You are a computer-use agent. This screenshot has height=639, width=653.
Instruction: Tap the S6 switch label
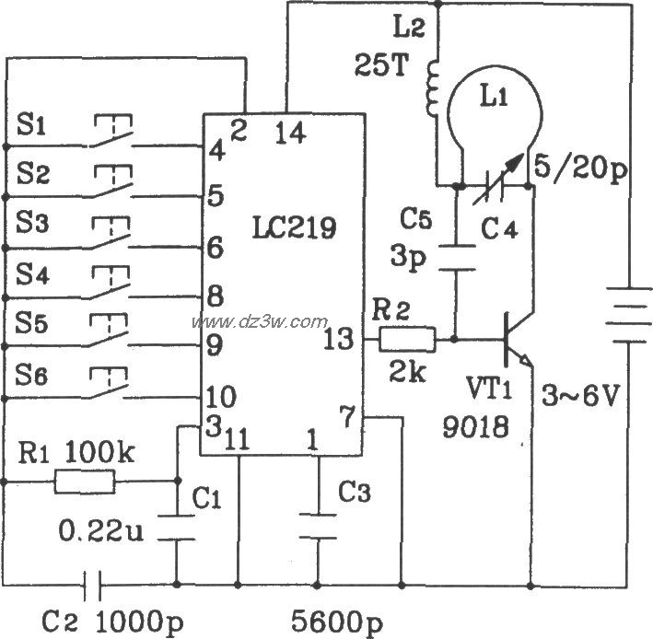click(x=34, y=373)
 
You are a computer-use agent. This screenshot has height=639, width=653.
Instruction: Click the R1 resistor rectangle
click(x=85, y=481)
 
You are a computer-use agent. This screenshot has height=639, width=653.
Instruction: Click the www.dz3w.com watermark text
click(x=259, y=321)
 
